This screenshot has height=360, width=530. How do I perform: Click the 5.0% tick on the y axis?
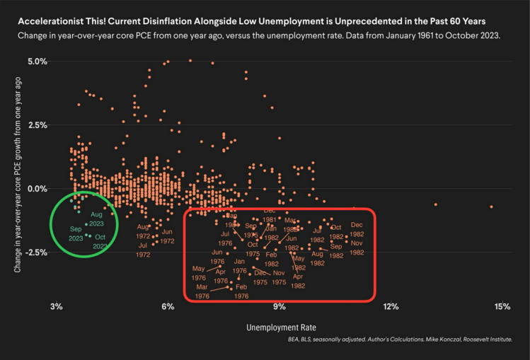coord(38,62)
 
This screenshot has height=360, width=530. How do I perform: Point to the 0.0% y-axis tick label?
coord(38,189)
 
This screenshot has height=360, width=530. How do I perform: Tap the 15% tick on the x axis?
coord(502,306)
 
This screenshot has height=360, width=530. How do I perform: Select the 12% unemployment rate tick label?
coord(391,306)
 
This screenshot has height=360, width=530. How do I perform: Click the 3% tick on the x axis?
coord(57,306)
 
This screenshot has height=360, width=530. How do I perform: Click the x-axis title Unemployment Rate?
coord(280,328)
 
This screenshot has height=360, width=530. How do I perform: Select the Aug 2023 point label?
coord(97,219)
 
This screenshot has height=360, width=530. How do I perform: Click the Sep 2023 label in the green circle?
coord(76,233)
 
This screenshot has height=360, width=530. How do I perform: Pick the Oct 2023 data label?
coord(100,242)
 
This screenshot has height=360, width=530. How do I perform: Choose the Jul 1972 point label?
coord(143,250)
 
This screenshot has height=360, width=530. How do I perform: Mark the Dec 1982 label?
coord(357,229)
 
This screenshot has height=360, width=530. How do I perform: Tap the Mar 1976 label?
coord(202,291)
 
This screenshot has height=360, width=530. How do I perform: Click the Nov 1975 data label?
coord(279,277)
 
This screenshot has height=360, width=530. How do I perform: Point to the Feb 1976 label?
coord(241,291)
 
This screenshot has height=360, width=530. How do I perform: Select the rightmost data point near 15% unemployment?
coord(491,207)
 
